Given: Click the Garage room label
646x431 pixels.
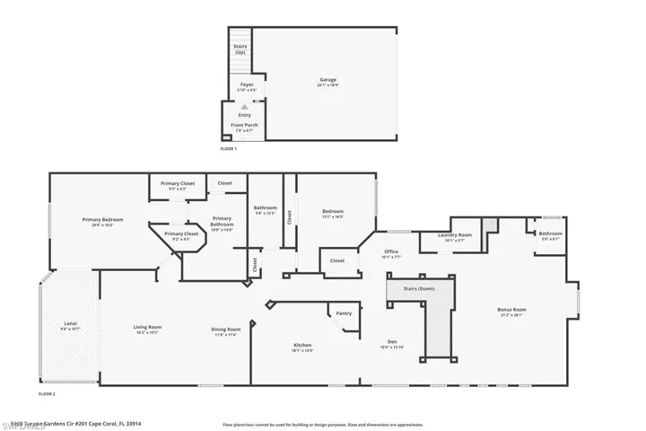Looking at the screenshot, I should pyautogui.click(x=327, y=80).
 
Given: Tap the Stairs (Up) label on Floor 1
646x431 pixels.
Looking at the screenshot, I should pyautogui.click(x=240, y=50).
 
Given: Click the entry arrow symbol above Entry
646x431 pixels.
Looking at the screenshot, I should pyautogui.click(x=245, y=105).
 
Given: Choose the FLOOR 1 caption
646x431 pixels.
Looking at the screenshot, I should pyautogui.click(x=229, y=148).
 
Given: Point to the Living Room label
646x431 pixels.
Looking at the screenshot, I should pyautogui.click(x=147, y=329).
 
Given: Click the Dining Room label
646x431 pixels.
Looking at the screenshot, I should pyautogui.click(x=225, y=330).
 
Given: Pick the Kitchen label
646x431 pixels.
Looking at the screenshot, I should pyautogui.click(x=302, y=346).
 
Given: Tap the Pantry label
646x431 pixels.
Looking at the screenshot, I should pyautogui.click(x=344, y=313).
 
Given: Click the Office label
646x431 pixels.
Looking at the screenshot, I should pyautogui.click(x=391, y=252).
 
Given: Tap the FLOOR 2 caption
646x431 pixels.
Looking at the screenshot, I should pyautogui.click(x=47, y=394).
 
